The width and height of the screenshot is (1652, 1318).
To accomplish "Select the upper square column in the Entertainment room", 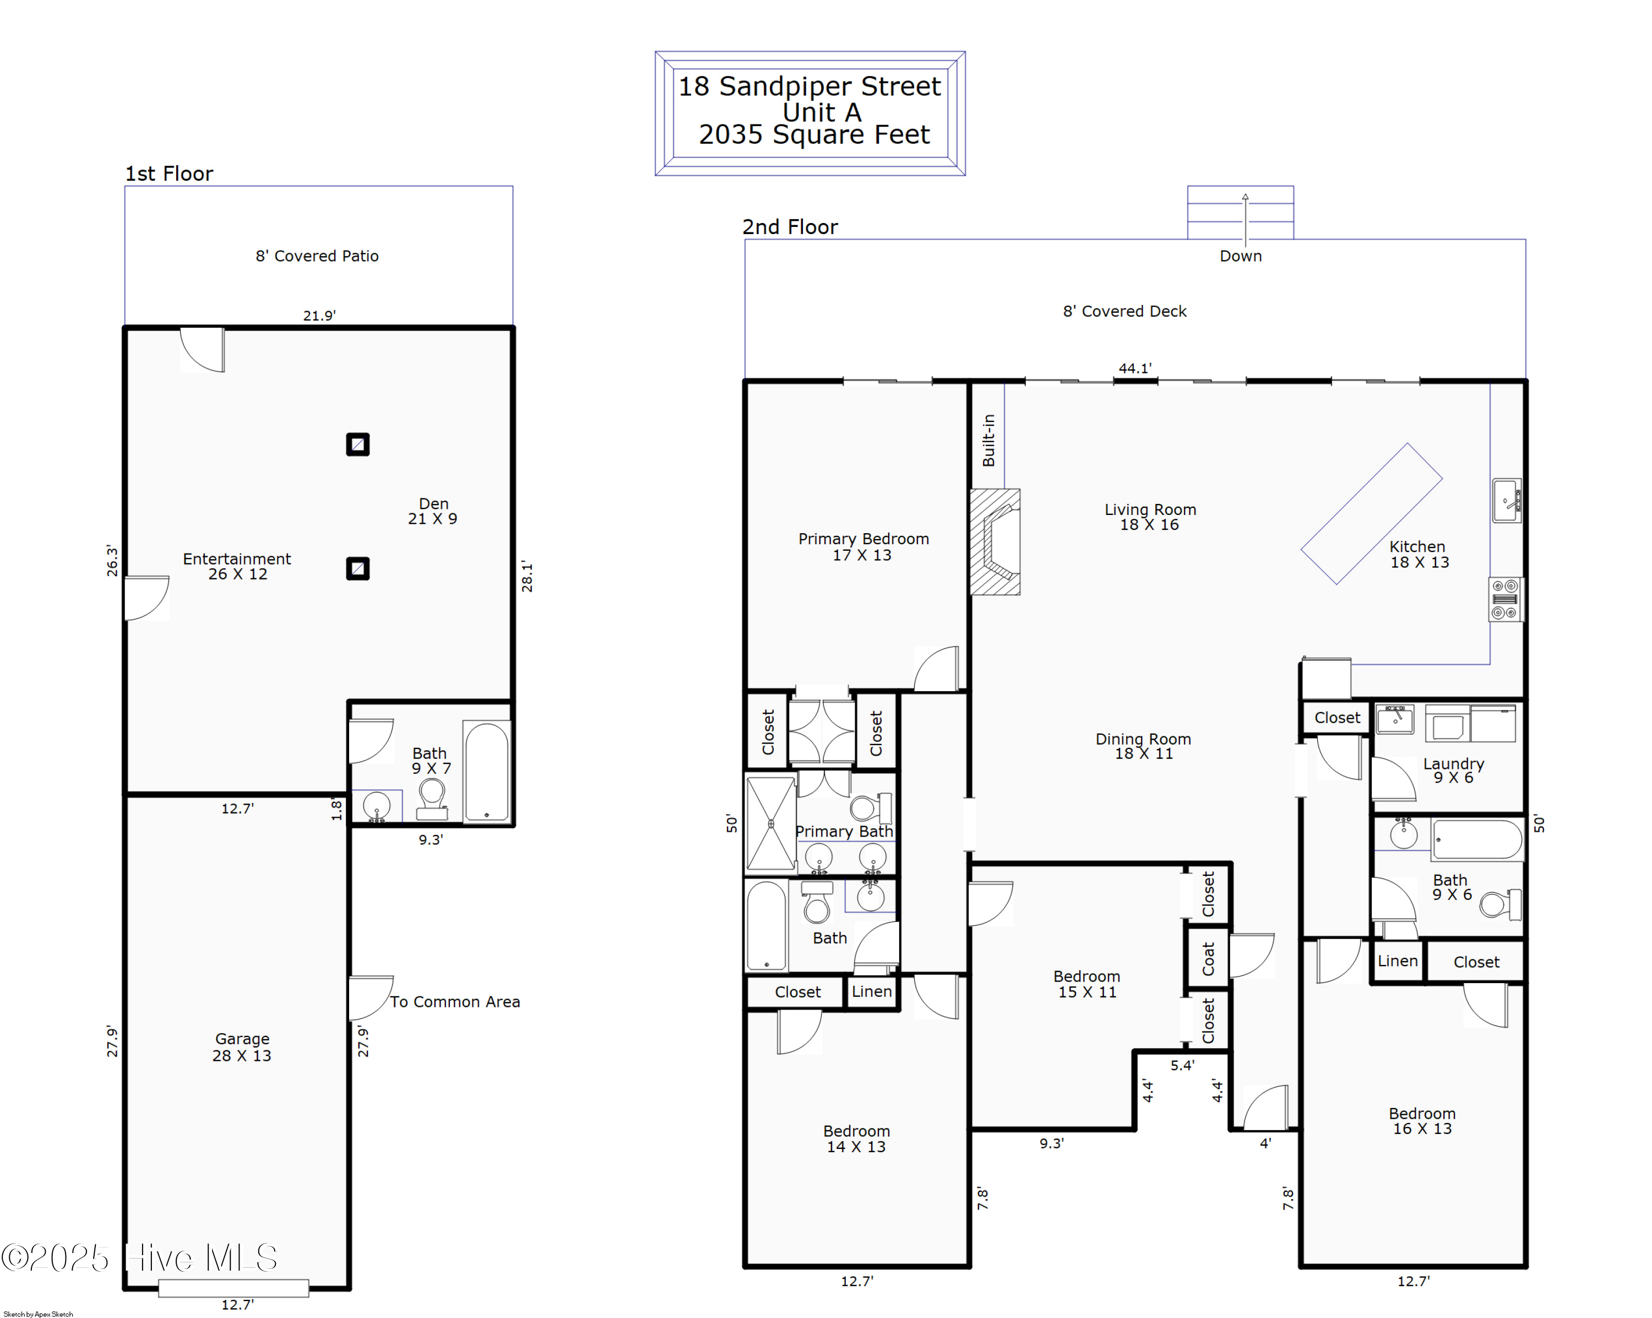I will (x=358, y=444).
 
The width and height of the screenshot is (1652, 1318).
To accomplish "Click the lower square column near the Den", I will (x=358, y=568).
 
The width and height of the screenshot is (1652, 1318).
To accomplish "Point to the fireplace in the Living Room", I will (x=996, y=542).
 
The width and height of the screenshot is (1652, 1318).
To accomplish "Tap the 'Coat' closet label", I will (x=1208, y=958).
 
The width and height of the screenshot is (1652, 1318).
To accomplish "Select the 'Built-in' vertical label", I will (x=988, y=440).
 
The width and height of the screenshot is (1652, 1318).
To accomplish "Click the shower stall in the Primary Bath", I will (x=771, y=824).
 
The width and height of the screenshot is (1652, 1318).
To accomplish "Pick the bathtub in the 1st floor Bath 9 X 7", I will (x=487, y=771).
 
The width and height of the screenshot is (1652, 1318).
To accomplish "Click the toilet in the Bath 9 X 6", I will (x=1498, y=904).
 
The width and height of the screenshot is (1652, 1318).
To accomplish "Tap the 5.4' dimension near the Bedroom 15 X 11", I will (x=1182, y=1065).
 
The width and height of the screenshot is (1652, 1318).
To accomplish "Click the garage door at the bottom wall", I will (x=233, y=1288).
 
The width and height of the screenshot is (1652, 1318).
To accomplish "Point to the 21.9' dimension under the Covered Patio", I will (x=319, y=316).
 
